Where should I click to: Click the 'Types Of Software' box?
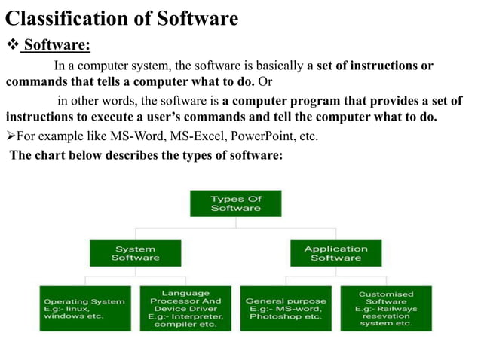point(235,203)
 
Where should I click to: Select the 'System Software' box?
point(135,253)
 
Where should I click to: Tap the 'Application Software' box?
point(335,253)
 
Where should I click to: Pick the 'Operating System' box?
point(84,308)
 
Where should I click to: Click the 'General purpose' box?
point(286,308)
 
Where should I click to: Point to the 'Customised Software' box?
point(386,308)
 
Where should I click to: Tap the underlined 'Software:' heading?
point(57,47)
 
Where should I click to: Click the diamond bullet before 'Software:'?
point(11,47)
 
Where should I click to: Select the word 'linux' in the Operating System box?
point(78,309)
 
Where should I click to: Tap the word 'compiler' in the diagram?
point(175,325)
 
